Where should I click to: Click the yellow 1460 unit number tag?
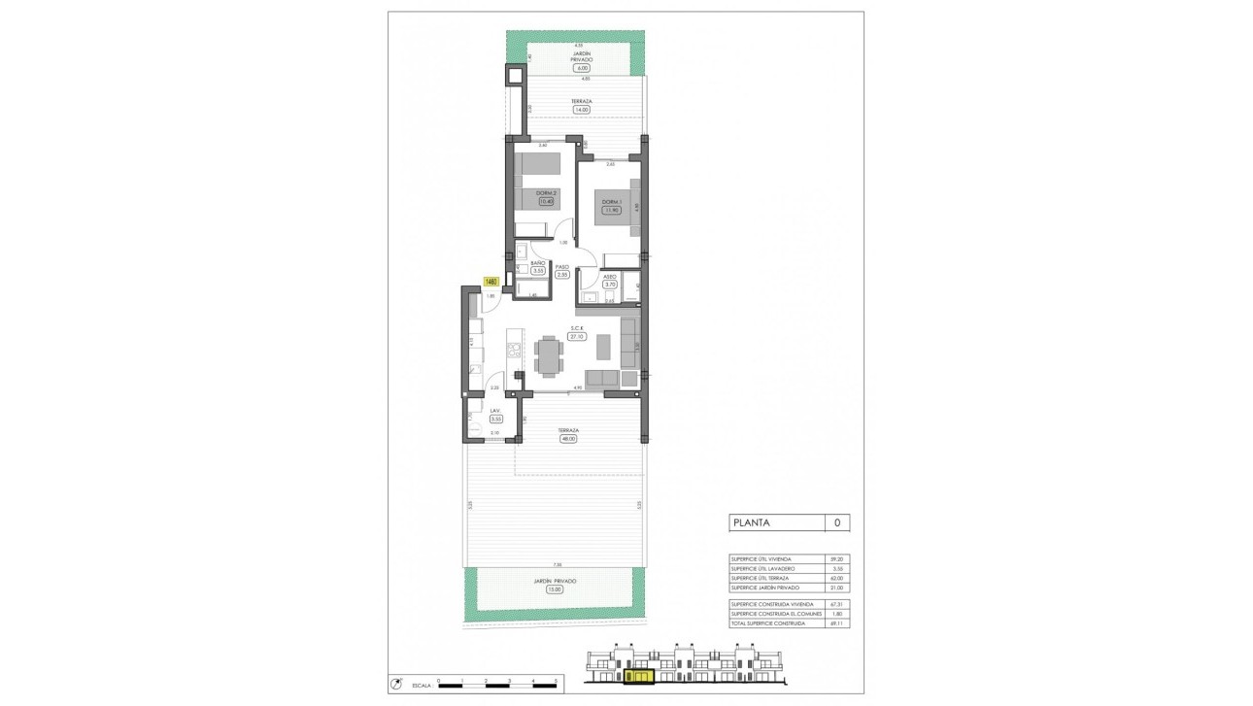pyautogui.click(x=490, y=283)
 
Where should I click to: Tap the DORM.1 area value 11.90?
pyautogui.click(x=611, y=210)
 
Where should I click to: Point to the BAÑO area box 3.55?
pyautogui.click(x=537, y=271)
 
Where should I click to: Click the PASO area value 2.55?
pyautogui.click(x=561, y=275)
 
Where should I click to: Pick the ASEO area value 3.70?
pyautogui.click(x=610, y=284)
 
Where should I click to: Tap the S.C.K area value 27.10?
pyautogui.click(x=576, y=336)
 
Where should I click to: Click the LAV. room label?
pyautogui.click(x=495, y=411)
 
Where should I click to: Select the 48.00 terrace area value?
pyautogui.click(x=568, y=439)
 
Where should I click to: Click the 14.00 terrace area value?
pyautogui.click(x=581, y=110)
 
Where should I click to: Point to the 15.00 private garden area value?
pyautogui.click(x=554, y=589)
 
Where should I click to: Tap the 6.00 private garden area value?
pyautogui.click(x=582, y=69)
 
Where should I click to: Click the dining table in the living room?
pyautogui.click(x=549, y=354)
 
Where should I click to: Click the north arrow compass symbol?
pyautogui.click(x=395, y=684)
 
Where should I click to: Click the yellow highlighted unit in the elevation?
pyautogui.click(x=640, y=674)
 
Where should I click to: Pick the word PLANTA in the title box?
pyautogui.click(x=751, y=522)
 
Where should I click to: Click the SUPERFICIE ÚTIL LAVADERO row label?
pyautogui.click(x=763, y=568)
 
